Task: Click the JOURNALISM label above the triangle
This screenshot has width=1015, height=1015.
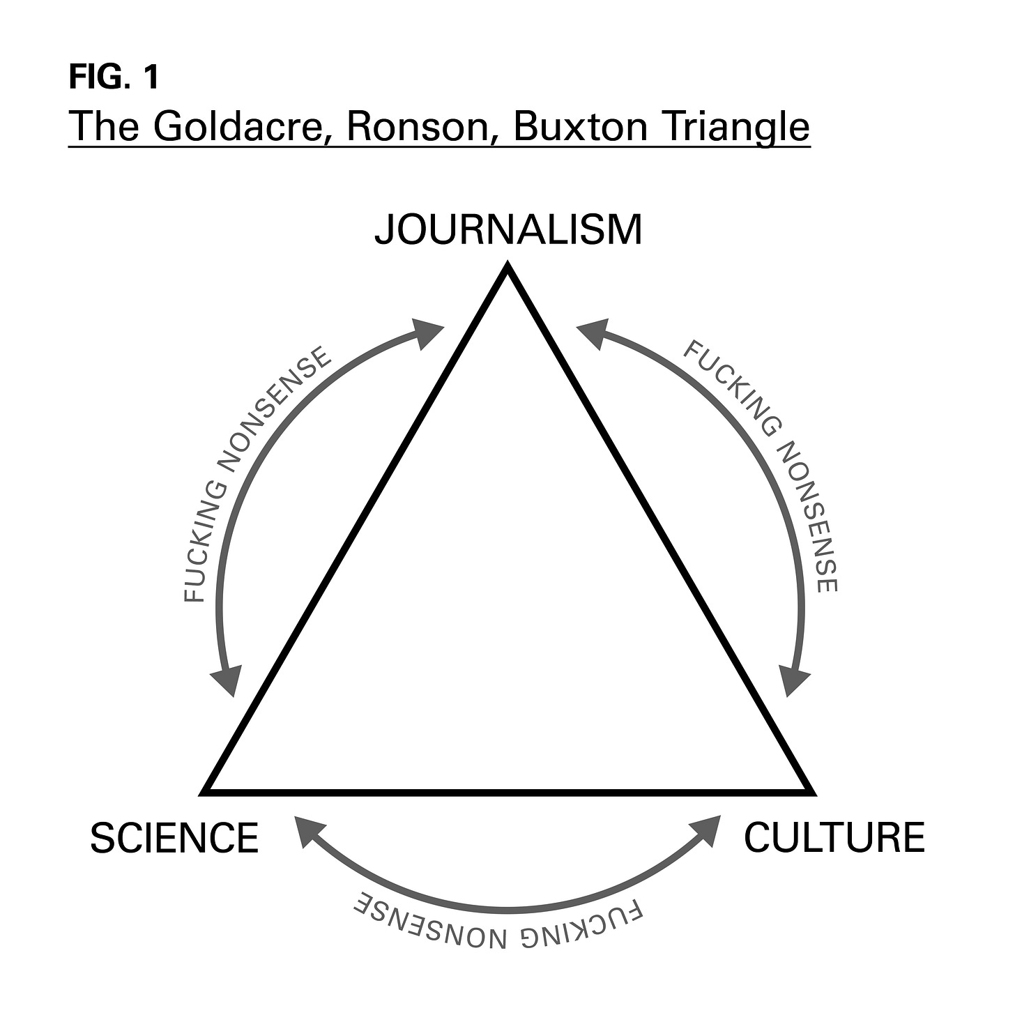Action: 508,230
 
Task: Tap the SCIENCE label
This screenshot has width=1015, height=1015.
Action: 174,837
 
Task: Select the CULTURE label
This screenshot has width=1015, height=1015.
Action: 834,837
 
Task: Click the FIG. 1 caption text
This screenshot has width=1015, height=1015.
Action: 114,77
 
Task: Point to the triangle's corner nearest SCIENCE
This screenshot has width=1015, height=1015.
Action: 206,791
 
